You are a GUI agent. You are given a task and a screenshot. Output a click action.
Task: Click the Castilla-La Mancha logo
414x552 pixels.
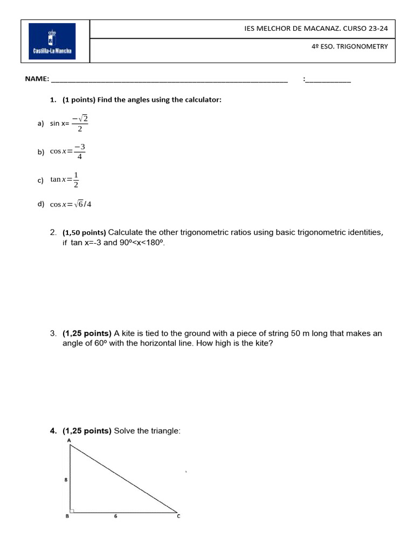click(52, 41)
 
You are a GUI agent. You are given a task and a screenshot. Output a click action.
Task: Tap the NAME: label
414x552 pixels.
click(37, 79)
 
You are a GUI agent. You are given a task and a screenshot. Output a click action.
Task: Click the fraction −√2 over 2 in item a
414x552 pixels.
click(80, 123)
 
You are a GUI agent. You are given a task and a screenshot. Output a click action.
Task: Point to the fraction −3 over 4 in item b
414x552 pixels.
click(80, 151)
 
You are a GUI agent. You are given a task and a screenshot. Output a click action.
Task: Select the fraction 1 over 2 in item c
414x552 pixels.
click(76, 180)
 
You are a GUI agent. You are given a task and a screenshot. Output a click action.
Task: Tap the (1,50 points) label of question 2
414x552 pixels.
click(84, 233)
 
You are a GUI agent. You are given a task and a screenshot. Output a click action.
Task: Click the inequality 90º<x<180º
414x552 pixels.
click(141, 243)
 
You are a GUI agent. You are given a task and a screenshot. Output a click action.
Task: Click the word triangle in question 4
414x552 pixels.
click(165, 431)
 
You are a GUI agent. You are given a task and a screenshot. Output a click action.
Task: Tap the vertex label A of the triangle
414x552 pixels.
click(69, 440)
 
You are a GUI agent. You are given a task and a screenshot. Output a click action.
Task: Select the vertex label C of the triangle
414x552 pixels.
click(178, 516)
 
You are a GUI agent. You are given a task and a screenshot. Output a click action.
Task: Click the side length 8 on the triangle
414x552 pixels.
click(66, 479)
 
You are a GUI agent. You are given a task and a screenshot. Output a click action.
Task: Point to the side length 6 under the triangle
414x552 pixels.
click(115, 516)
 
